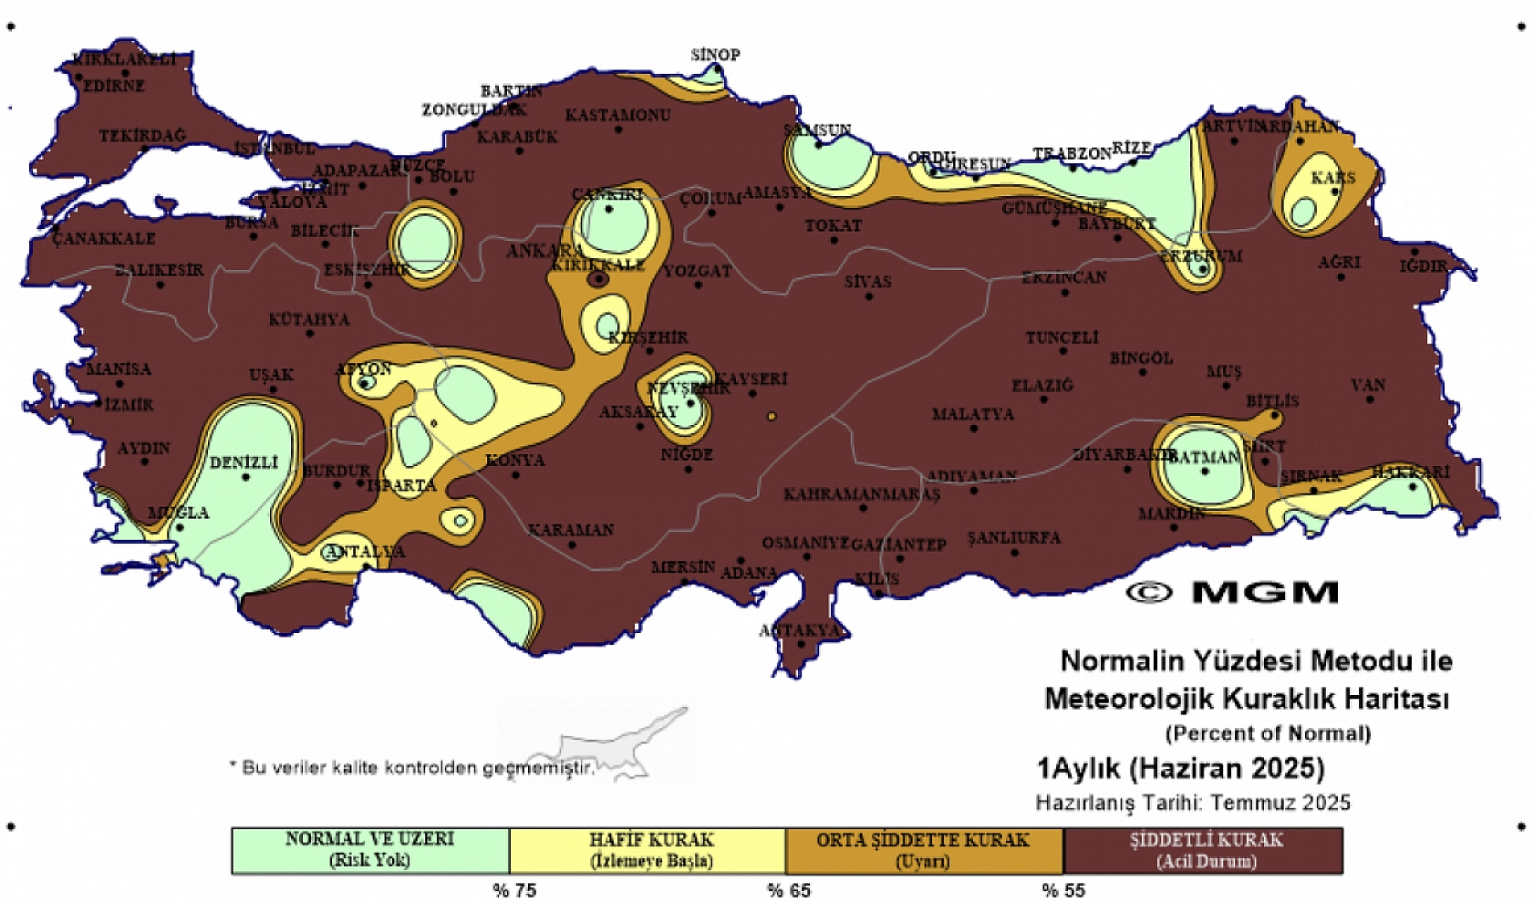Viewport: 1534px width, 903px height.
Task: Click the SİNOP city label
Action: pyautogui.click(x=715, y=55)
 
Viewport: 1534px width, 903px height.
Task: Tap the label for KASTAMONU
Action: pyautogui.click(x=617, y=115)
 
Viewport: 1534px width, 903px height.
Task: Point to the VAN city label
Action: pyautogui.click(x=1368, y=385)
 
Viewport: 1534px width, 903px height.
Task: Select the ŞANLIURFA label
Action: pyautogui.click(x=1013, y=537)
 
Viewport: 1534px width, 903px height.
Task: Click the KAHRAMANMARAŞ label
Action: pyautogui.click(x=861, y=494)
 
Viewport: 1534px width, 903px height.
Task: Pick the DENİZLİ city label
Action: pyautogui.click(x=244, y=462)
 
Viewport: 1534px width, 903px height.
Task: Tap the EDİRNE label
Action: pyautogui.click(x=114, y=86)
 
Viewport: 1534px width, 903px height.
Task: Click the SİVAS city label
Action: pyautogui.click(x=867, y=282)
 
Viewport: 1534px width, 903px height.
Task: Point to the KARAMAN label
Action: pyautogui.click(x=571, y=530)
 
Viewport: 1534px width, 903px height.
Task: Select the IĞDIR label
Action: pyautogui.click(x=1424, y=266)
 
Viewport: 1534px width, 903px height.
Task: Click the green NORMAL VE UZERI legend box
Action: pyautogui.click(x=369, y=850)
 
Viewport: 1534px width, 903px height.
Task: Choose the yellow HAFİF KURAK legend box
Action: pyautogui.click(x=648, y=850)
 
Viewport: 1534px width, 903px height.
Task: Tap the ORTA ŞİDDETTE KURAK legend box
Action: pyautogui.click(x=923, y=850)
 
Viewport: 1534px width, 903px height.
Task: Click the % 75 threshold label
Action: pyautogui.click(x=514, y=890)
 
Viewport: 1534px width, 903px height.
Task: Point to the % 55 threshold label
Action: pyautogui.click(x=1063, y=890)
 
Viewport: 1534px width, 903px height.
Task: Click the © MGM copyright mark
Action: pyautogui.click(x=1232, y=592)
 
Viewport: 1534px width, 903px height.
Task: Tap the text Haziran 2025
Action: pyautogui.click(x=1227, y=768)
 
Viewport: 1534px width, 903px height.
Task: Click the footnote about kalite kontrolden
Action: pyautogui.click(x=411, y=767)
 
